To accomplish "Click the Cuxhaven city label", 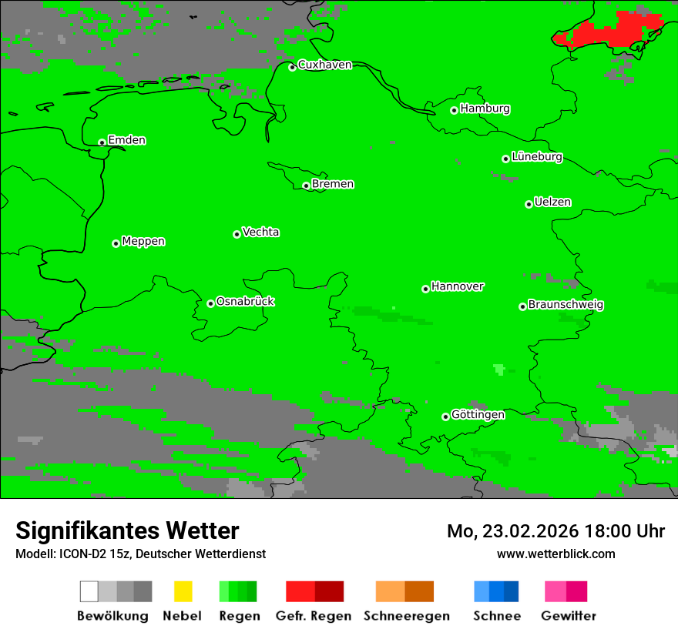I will tap(324, 65).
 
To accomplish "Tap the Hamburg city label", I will tap(485, 109).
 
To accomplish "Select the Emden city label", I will tap(126, 140).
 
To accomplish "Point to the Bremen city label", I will tap(333, 184).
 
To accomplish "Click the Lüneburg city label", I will tap(536, 157).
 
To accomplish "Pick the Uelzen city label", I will tap(552, 202).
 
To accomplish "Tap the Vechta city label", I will tap(260, 233).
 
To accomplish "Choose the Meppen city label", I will tap(143, 242).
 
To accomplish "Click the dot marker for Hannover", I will tap(425, 289).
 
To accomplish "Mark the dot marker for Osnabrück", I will tap(210, 303).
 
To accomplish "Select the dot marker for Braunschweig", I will tap(522, 306).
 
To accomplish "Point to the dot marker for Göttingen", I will tap(445, 417).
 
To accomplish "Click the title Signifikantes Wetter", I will tap(127, 530).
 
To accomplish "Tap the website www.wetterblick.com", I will tap(555, 554).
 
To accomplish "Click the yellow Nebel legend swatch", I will tap(183, 591).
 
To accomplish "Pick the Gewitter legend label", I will tap(568, 616).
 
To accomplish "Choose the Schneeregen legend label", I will tap(406, 616).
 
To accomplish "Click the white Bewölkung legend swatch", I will tap(89, 591).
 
